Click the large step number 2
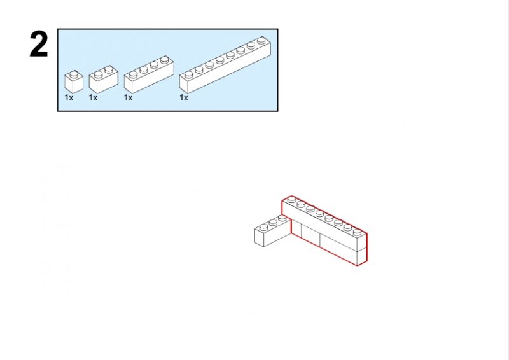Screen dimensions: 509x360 [39, 45]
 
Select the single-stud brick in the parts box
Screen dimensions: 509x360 [74, 82]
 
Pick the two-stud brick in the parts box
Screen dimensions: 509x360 [104, 80]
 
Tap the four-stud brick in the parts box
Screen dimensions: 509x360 [149, 74]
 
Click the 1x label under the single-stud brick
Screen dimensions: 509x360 [69, 97]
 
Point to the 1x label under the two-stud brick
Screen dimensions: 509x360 [93, 97]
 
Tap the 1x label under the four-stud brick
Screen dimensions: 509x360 [129, 97]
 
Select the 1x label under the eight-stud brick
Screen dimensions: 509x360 [184, 97]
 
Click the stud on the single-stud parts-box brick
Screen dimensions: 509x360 [74, 74]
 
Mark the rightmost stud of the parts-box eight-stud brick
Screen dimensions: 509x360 [261, 40]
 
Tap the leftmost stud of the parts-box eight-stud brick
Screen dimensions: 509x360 [188, 74]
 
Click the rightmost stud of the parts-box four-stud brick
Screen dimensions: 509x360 [165, 59]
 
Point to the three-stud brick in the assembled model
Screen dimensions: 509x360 [272, 230]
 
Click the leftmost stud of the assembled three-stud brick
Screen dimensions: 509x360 [263, 227]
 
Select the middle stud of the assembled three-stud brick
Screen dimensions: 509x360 [273, 223]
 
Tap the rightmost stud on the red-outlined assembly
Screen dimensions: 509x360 [358, 232]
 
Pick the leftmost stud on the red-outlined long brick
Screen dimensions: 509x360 [291, 199]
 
